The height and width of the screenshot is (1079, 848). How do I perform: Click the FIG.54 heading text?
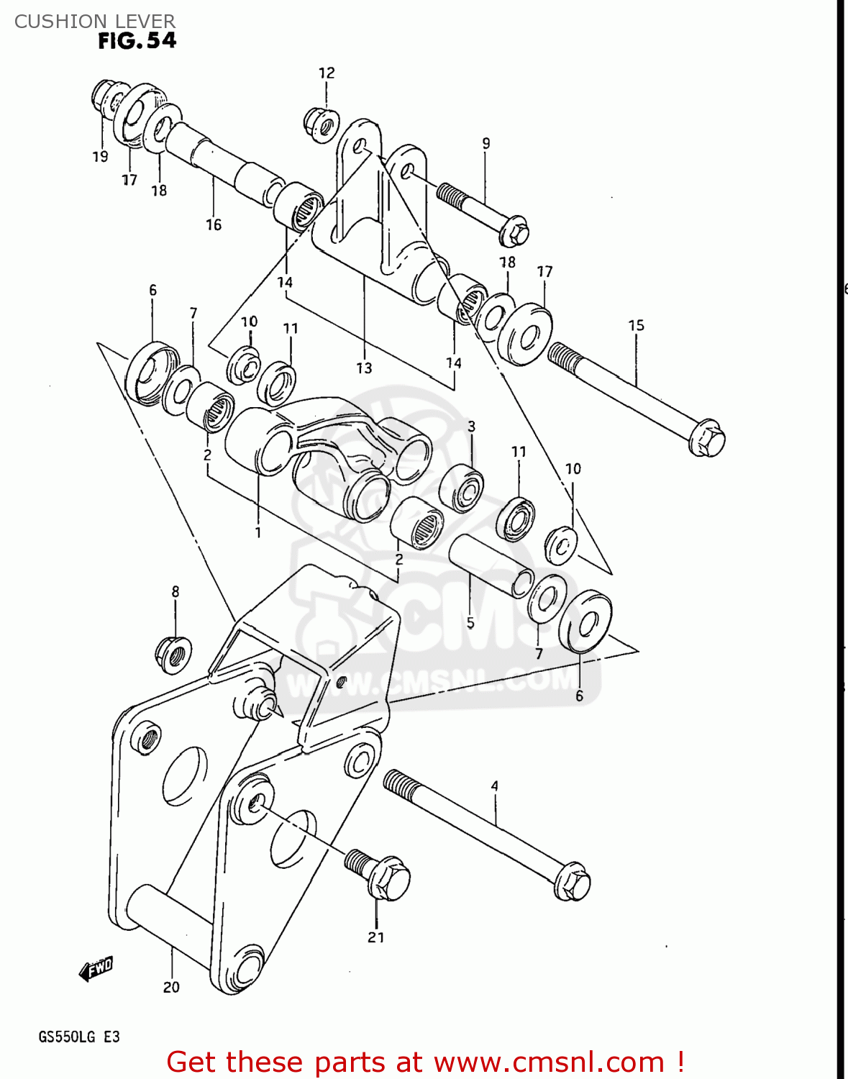pos(137,41)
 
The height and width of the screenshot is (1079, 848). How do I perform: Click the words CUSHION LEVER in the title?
pos(94,22)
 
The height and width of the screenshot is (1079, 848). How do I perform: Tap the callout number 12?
pos(327,73)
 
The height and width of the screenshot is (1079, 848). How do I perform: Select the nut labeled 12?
pos(322,124)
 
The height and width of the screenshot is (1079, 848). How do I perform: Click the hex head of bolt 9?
pos(514,231)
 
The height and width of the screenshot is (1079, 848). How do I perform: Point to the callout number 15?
pos(636,325)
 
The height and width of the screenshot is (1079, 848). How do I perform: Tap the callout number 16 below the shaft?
pos(214,225)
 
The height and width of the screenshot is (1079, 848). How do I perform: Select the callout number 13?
pos(364,368)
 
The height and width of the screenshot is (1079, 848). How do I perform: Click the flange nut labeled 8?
pos(173,653)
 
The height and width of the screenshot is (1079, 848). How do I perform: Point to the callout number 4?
pos(494,786)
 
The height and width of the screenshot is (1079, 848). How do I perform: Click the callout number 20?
pos(171,987)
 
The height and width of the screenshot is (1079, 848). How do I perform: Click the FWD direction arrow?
pos(96,969)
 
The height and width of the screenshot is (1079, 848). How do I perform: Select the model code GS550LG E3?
pos(79,1037)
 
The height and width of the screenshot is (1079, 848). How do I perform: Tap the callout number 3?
pos(471,426)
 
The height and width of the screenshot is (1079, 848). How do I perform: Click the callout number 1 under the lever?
pos(257,532)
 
